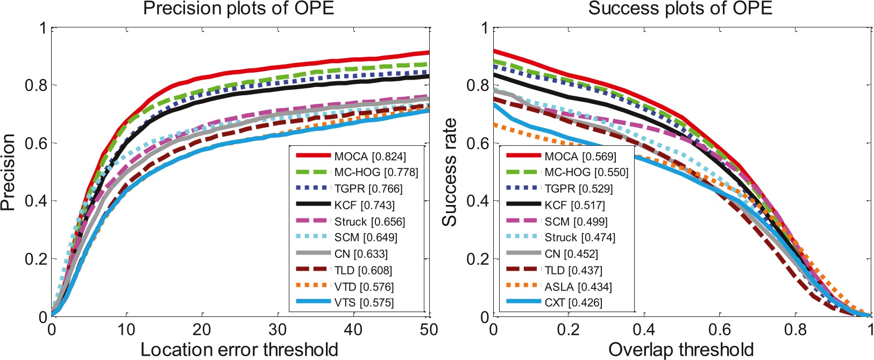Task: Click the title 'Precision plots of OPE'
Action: point(239,9)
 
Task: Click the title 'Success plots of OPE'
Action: point(680,9)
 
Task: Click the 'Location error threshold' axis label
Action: point(239,350)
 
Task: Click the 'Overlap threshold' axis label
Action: point(681,350)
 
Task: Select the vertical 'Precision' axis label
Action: point(8,172)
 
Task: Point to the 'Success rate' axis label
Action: point(450,172)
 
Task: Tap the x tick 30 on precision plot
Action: point(278,329)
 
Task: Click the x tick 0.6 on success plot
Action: point(720,329)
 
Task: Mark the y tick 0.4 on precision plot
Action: point(35,201)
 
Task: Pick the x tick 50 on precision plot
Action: point(429,329)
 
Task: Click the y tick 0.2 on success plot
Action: point(477,259)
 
